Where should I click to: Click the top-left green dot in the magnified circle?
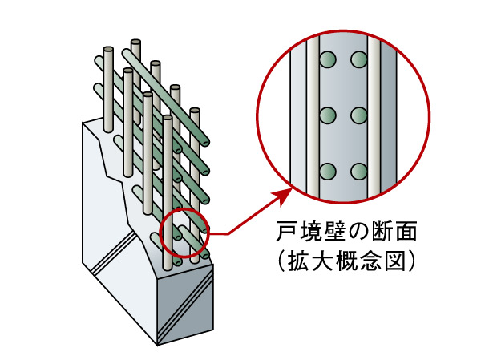coord(326,60)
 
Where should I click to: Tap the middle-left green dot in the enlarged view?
coord(326,115)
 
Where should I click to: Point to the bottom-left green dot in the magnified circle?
coord(326,171)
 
